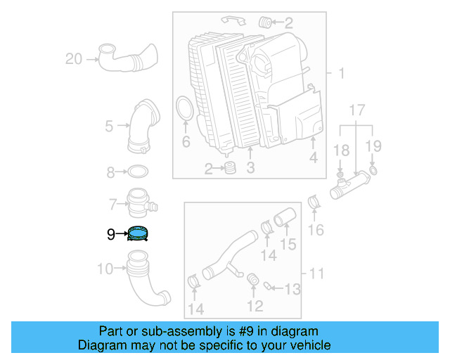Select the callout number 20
point(74,59)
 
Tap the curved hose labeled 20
point(127,58)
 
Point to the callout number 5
point(109,127)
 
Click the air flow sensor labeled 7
point(140,203)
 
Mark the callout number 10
point(104,268)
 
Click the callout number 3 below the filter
point(250,167)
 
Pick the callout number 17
point(357,110)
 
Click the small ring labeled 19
point(373,170)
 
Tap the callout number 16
point(316,230)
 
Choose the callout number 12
point(255,305)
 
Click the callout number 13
point(291,288)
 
